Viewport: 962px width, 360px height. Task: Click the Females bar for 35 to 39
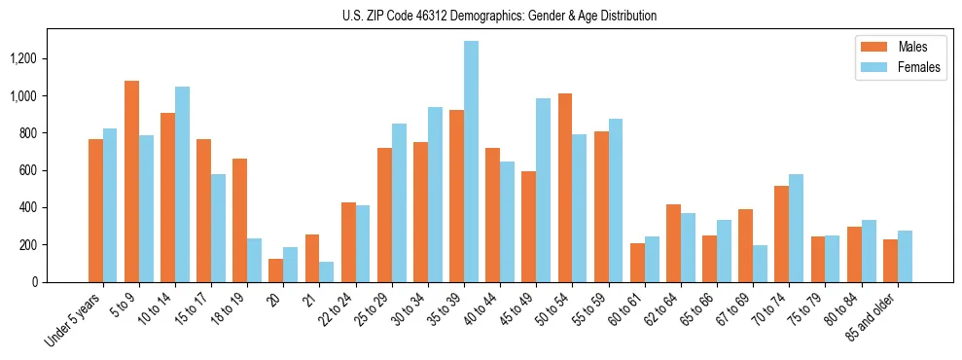coord(471,162)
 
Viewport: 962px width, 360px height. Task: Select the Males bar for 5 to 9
coord(132,181)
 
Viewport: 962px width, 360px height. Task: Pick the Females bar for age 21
coord(327,271)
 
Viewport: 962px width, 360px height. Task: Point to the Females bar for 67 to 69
coord(760,264)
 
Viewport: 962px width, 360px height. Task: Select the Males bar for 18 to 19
coord(240,220)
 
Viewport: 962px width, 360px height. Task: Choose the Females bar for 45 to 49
coord(544,190)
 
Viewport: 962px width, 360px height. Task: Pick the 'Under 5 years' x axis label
coord(74,322)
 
